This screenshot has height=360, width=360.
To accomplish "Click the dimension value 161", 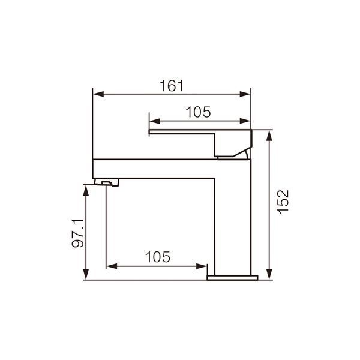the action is tap(172, 86).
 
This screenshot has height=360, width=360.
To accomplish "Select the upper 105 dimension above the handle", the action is tap(198, 112).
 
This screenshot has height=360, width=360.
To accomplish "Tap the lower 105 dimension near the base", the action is tap(158, 257).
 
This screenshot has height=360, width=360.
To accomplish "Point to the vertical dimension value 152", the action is tap(283, 202).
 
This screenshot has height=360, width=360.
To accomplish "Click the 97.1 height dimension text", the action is tap(77, 233).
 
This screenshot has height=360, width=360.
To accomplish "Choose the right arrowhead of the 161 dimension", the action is tap(245, 94).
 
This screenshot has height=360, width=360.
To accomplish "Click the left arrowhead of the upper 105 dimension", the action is tap(155, 121).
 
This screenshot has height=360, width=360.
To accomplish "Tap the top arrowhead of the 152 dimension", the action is tap(270, 136).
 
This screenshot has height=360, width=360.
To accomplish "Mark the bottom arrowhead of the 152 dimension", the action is tap(270, 274).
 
